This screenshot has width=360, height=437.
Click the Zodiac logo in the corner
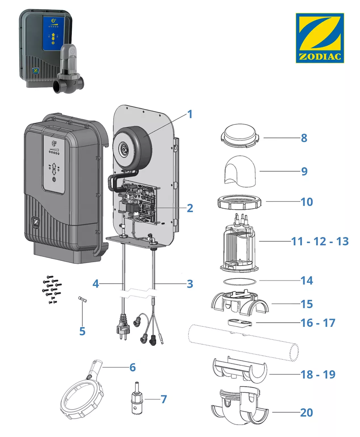coord(320,38)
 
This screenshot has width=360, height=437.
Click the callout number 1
coord(190,114)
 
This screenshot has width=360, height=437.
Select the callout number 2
coord(190,208)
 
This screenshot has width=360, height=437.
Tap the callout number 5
coord(82,331)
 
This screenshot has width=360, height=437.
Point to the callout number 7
coord(164,399)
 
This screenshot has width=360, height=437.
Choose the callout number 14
coord(307,281)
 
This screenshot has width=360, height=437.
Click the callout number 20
coord(306,413)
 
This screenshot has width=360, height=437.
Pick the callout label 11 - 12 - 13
coord(320,241)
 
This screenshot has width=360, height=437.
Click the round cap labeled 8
coord(240,136)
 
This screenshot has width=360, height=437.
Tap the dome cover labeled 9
coord(240,171)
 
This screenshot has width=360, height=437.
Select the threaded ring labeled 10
coord(239,202)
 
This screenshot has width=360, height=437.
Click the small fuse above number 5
coord(82,300)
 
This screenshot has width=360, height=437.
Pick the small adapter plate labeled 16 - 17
coord(239,323)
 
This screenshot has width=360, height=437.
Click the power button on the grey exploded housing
coord(54,179)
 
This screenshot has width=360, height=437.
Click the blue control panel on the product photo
coord(53,34)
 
